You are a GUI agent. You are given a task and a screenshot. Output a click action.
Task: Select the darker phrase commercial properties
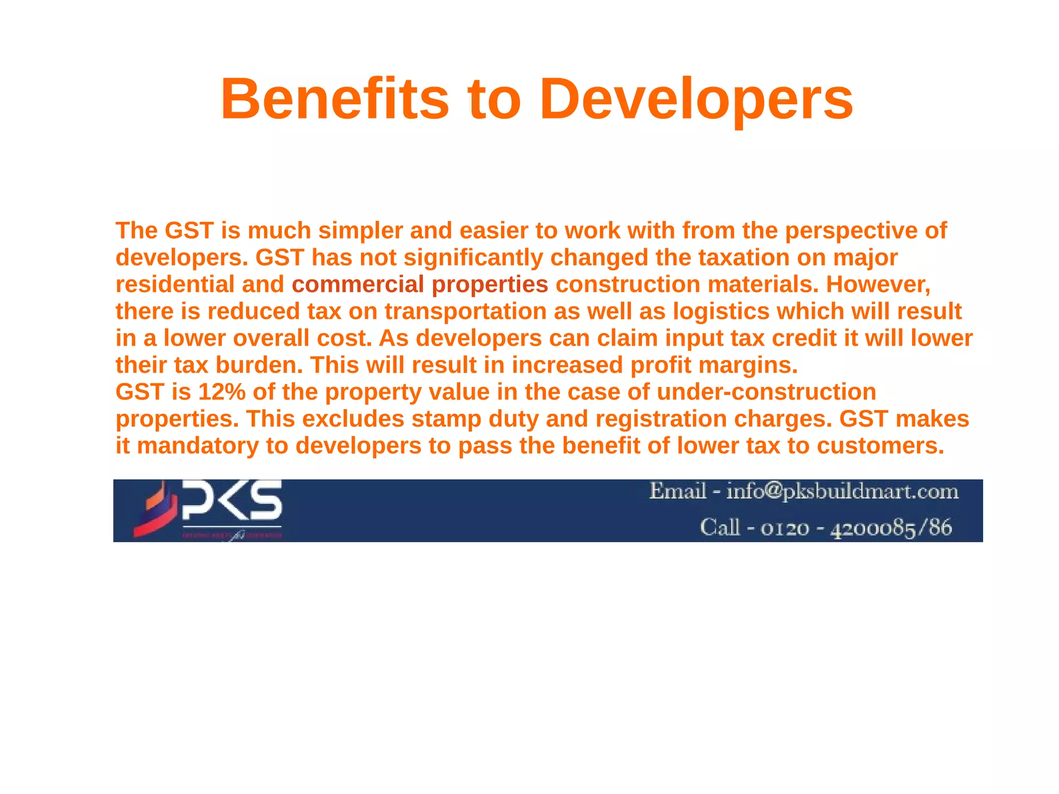point(419,284)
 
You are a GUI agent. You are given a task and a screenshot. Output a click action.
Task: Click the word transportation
point(465,311)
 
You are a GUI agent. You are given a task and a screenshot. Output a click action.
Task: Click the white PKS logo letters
point(232,501)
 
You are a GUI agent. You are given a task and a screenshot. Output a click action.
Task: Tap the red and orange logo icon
point(154,510)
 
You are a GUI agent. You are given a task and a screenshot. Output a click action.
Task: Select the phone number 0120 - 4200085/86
point(856,528)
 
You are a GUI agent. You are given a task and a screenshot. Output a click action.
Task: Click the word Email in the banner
point(677,491)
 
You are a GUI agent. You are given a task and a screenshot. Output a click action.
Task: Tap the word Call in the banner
point(720,528)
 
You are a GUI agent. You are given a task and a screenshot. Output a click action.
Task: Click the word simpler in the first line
point(360,231)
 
